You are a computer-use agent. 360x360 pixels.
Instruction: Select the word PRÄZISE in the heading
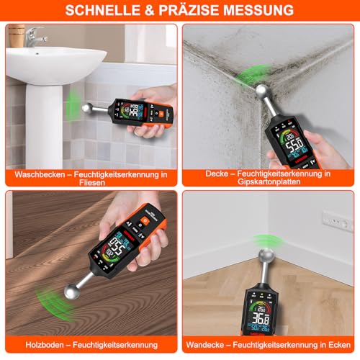click(x=188, y=11)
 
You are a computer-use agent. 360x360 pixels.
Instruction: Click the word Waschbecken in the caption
click(x=43, y=174)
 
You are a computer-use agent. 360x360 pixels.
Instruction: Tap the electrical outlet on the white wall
click(x=337, y=221)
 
